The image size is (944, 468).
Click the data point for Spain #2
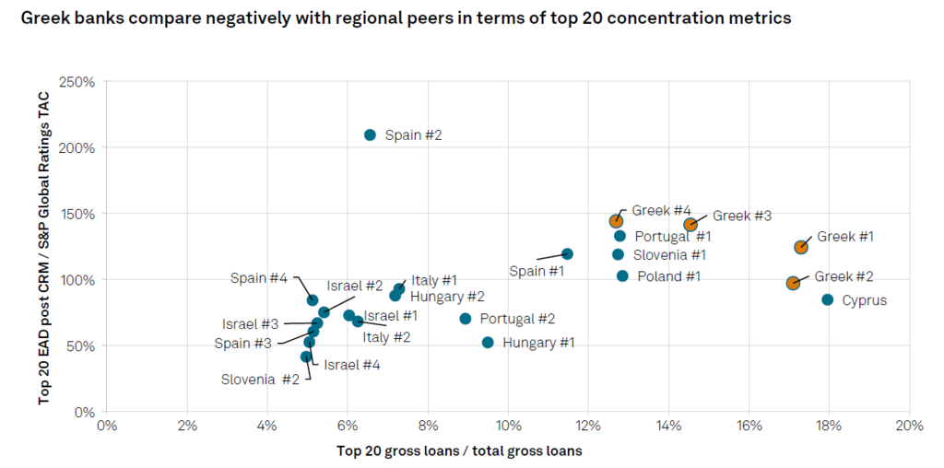(371, 135)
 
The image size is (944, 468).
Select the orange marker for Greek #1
(801, 247)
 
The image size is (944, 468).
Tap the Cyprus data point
(828, 299)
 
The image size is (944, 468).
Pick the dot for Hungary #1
(488, 343)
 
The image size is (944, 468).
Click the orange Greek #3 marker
(690, 225)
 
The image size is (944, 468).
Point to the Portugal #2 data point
(466, 318)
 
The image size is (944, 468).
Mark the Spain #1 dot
(567, 254)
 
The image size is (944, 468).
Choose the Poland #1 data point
(622, 275)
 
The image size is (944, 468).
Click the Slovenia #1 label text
(671, 255)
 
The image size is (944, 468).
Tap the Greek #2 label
(844, 276)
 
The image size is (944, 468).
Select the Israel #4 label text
(351, 365)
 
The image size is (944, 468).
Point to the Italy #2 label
(386, 337)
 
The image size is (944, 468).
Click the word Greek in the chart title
(41, 18)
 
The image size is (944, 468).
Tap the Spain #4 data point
(312, 300)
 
